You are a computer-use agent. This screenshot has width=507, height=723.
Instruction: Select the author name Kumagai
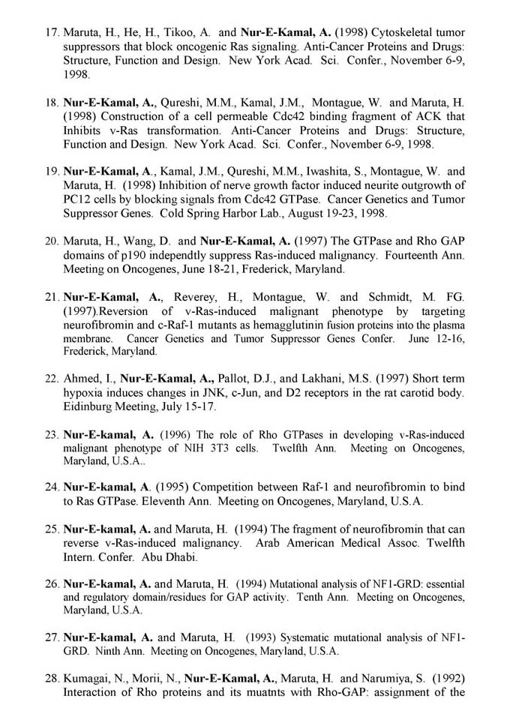click(88, 679)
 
